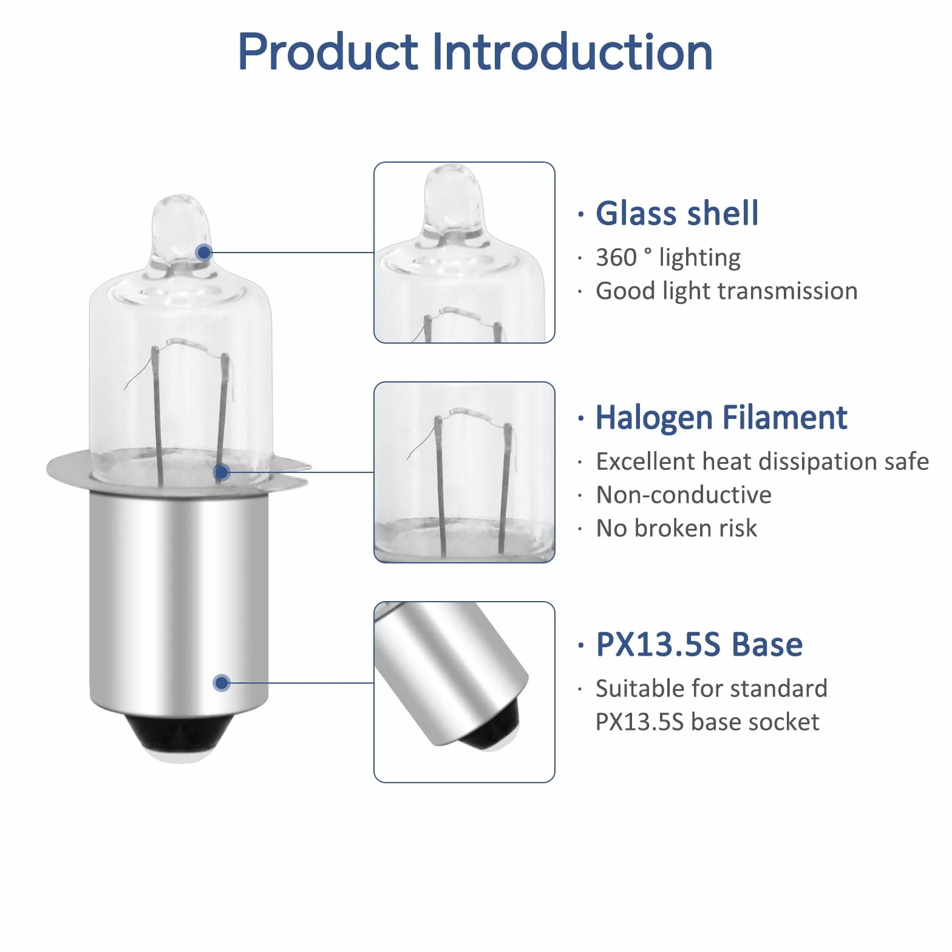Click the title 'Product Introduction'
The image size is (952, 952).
pyautogui.click(x=475, y=52)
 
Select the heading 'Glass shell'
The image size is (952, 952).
pyautogui.click(x=677, y=213)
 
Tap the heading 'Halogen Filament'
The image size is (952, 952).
pyautogui.click(x=721, y=418)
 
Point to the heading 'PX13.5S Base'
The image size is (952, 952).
pyautogui.click(x=699, y=644)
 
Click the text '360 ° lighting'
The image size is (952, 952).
pyautogui.click(x=668, y=257)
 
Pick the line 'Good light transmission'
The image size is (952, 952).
pyautogui.click(x=727, y=291)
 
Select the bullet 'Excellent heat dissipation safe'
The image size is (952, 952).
pyautogui.click(x=763, y=461)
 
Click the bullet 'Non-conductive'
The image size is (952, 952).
pyautogui.click(x=684, y=495)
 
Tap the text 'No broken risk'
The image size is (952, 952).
pyautogui.click(x=676, y=528)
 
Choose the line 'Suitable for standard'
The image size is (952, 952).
pyautogui.click(x=712, y=688)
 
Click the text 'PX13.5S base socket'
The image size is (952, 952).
pyautogui.click(x=707, y=722)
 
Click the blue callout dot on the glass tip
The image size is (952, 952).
pyautogui.click(x=204, y=252)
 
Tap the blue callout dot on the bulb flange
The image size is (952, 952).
pyautogui.click(x=222, y=472)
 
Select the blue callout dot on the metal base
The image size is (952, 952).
pyautogui.click(x=222, y=682)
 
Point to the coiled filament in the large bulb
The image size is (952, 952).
pyautogui.click(x=188, y=344)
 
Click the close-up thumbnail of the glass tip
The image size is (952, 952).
pyautogui.click(x=464, y=253)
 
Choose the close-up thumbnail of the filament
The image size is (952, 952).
pyautogui.click(x=464, y=472)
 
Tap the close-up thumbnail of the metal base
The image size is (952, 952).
pyautogui.click(x=464, y=692)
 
